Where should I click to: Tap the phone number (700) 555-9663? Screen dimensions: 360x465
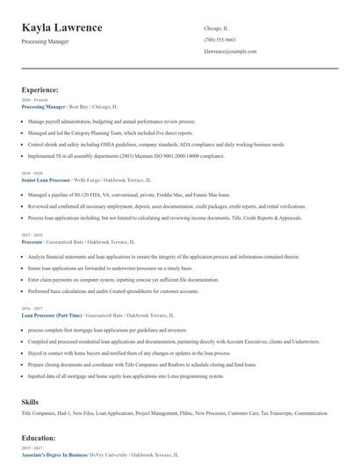pyautogui.click(x=220, y=39)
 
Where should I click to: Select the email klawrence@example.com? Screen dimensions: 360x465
pyautogui.click(x=230, y=52)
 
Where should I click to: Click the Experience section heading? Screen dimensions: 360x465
pyautogui.click(x=40, y=89)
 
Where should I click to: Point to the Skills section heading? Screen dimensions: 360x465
pyautogui.click(x=30, y=401)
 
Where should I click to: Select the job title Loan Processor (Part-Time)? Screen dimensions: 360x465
pyautogui.click(x=52, y=315)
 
